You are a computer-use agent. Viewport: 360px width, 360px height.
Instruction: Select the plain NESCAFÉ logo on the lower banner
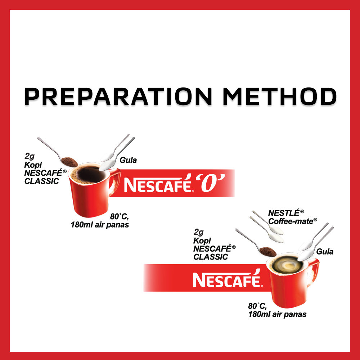pyautogui.click(x=227, y=280)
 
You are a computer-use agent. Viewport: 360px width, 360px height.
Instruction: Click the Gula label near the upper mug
pyautogui.click(x=128, y=160)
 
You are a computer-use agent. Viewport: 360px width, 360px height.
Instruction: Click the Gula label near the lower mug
pyautogui.click(x=325, y=252)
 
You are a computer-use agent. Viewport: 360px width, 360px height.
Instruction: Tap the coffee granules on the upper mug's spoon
pyautogui.click(x=68, y=161)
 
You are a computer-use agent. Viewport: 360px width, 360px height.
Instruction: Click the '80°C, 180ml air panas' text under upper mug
pyautogui.click(x=100, y=221)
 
